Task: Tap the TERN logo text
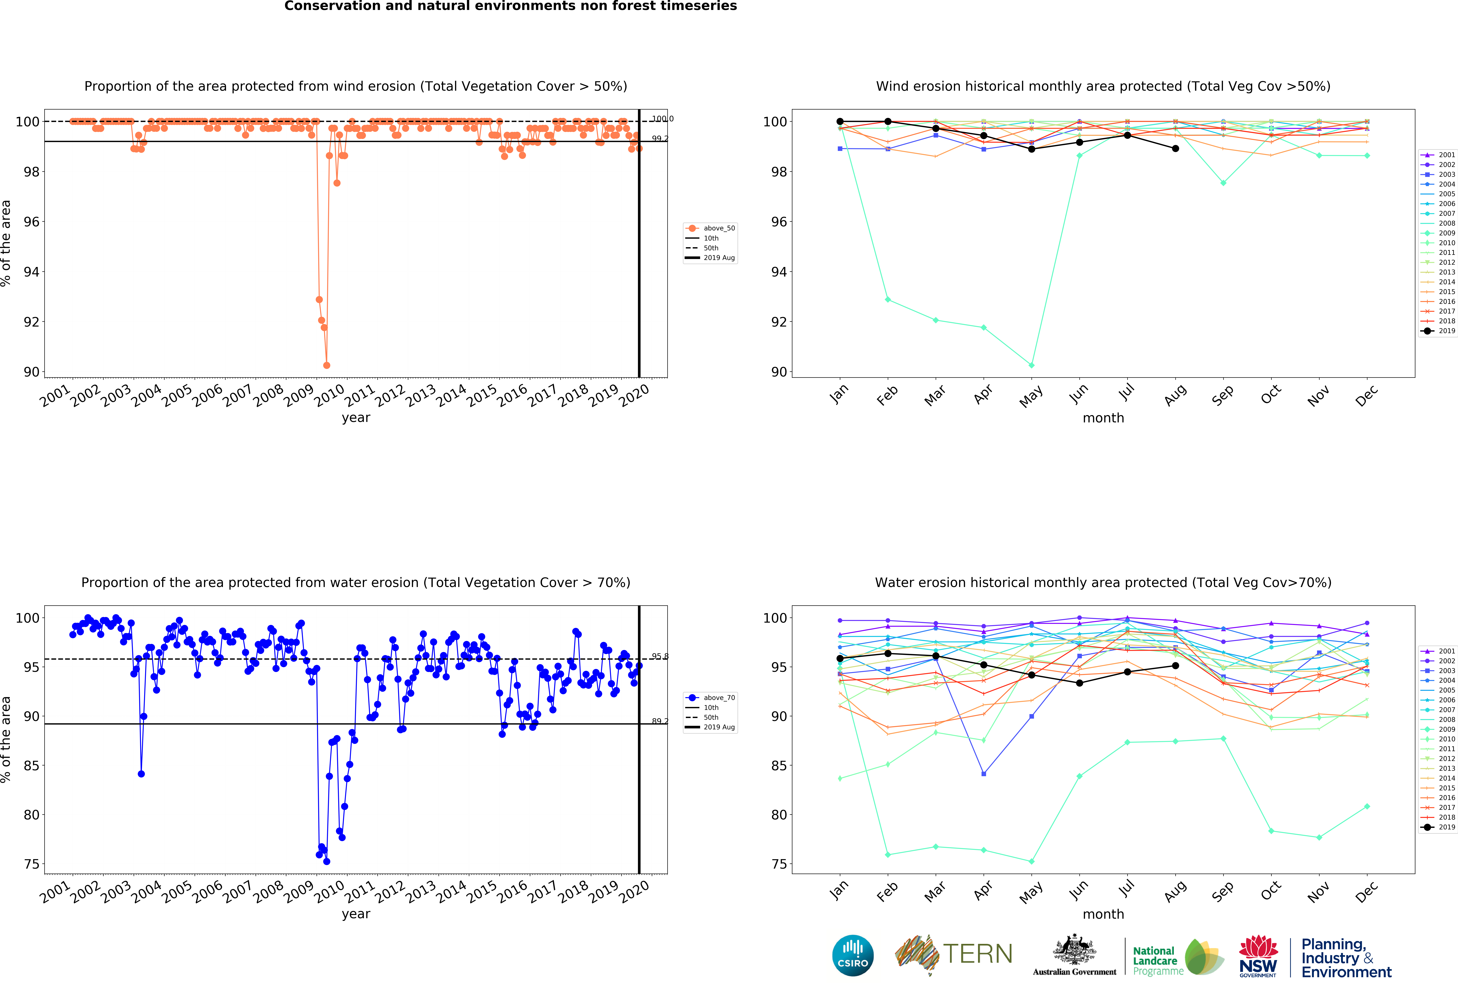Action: (977, 954)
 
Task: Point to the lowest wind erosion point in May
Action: (1031, 365)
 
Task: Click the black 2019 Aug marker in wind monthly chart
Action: (1175, 149)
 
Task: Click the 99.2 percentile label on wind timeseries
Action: (659, 139)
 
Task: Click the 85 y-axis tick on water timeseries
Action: (31, 766)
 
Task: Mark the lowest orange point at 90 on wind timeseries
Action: (326, 365)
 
